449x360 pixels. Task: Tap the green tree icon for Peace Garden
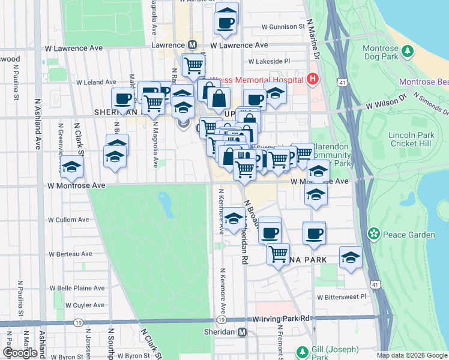pyautogui.click(x=374, y=233)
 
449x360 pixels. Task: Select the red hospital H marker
pyautogui.click(x=313, y=78)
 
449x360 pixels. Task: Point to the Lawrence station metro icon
pyautogui.click(x=193, y=45)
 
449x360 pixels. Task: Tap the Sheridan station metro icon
pyautogui.click(x=242, y=332)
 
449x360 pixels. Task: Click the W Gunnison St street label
pyautogui.click(x=283, y=27)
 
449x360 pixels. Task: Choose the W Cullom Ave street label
pyautogui.click(x=68, y=220)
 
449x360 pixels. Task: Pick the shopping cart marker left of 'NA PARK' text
pyautogui.click(x=278, y=253)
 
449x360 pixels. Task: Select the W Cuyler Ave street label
pyautogui.click(x=85, y=305)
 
